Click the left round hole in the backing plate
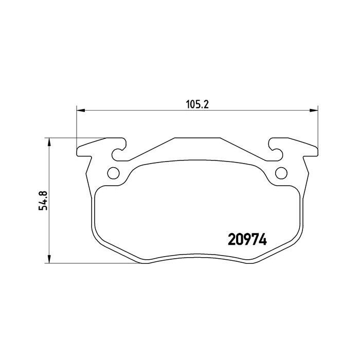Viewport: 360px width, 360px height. click(113, 172)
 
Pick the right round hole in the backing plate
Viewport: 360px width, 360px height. click(281, 172)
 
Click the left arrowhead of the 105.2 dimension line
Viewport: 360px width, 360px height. click(80, 110)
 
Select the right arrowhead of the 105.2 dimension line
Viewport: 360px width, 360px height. click(315, 110)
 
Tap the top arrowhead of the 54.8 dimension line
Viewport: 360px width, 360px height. click(49, 141)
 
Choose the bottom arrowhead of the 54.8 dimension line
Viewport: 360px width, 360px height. click(49, 260)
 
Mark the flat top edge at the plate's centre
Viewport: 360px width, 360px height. click(197, 138)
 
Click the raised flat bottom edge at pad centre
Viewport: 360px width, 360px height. click(197, 255)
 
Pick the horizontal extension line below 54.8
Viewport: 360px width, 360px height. click(93, 264)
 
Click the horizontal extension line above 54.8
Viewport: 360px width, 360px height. click(77, 138)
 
